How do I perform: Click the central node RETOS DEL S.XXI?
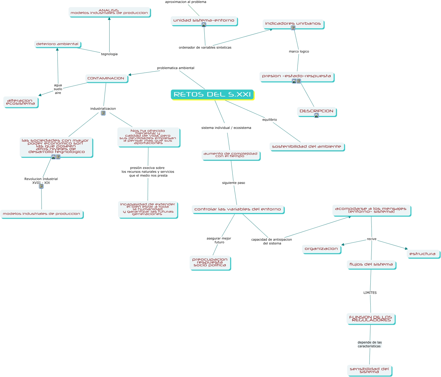point(212,94)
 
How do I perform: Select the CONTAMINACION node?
point(106,78)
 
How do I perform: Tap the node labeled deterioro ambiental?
point(57,44)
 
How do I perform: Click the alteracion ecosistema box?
point(21,102)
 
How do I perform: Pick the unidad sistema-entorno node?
point(204,20)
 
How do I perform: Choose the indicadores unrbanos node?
point(293,23)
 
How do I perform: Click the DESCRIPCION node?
point(317,111)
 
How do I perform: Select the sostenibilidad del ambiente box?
point(307,146)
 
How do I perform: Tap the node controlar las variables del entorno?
point(238,209)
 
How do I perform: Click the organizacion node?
point(321,249)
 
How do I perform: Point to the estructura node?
point(423,254)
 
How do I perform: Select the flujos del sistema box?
point(371,264)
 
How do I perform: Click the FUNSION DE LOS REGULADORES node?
point(371,318)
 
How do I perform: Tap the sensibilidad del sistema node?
point(369,370)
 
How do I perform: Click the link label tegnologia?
point(109,54)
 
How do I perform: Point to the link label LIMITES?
point(370,293)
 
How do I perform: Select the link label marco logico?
point(299,51)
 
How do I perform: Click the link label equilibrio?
point(269,120)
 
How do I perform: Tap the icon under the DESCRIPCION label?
point(317,115)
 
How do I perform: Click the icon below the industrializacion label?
point(103,113)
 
